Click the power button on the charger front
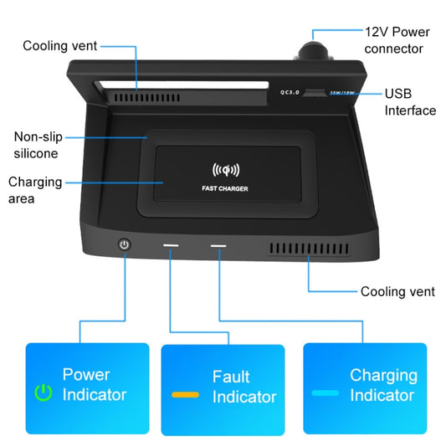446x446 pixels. [125, 244]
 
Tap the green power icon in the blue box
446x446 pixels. [43, 392]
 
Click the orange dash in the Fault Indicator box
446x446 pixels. [185, 393]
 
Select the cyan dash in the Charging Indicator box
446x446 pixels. [325, 392]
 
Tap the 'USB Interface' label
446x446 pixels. [410, 102]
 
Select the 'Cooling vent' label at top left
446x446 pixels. [59, 46]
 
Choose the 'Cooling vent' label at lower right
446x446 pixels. [397, 292]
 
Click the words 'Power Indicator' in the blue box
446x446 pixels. [95, 385]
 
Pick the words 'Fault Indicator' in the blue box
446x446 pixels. [243, 387]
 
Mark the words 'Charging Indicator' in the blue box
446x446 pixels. [383, 385]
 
